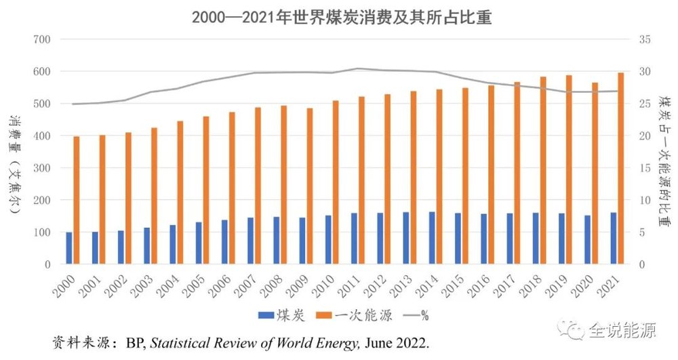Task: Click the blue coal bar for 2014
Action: click(432, 238)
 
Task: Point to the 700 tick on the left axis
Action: click(43, 39)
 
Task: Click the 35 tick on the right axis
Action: click(645, 39)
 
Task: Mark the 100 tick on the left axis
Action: click(43, 233)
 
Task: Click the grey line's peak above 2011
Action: click(357, 68)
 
